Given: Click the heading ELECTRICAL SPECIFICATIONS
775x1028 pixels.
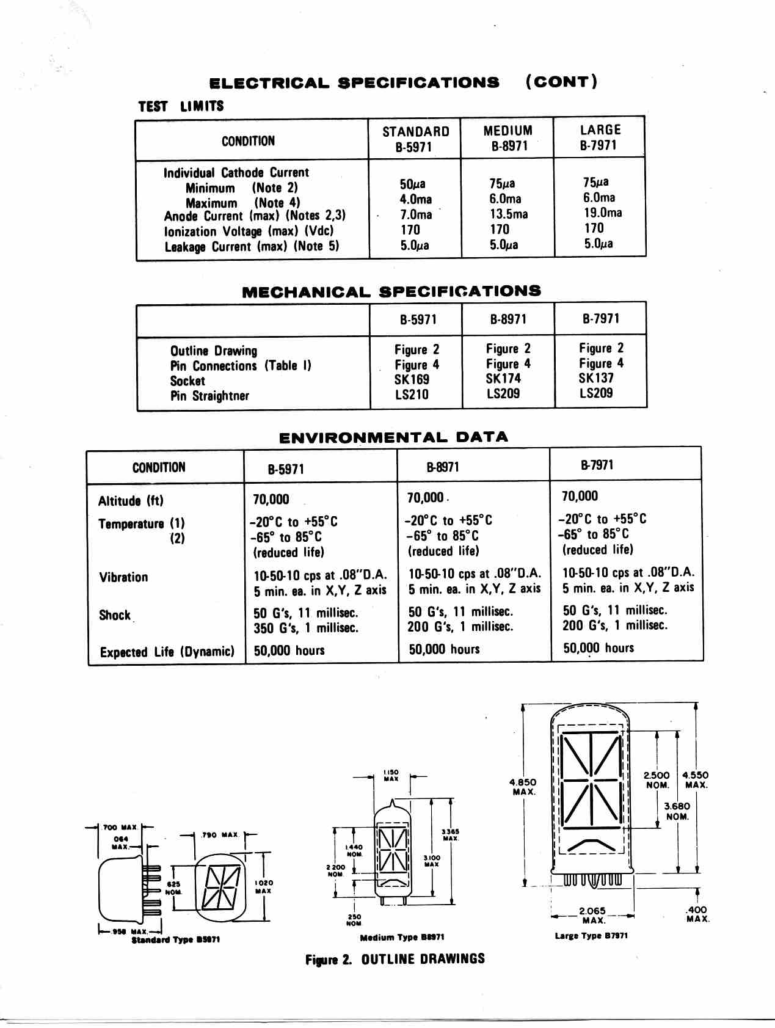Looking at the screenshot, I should (x=354, y=82).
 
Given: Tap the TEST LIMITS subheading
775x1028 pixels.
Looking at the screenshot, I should (x=181, y=106).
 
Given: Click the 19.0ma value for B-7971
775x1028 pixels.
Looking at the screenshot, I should (x=602, y=213).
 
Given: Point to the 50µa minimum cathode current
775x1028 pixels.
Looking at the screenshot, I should (x=412, y=184).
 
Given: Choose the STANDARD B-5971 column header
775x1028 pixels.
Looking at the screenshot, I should (x=415, y=139).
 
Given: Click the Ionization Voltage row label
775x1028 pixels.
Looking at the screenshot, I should (x=249, y=231).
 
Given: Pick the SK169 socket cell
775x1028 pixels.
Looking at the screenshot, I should (x=412, y=379).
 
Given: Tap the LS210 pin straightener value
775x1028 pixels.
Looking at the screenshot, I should (x=412, y=395).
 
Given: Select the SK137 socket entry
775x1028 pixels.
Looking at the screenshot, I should (x=596, y=378).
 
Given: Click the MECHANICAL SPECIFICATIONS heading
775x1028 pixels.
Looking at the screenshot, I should (x=391, y=291).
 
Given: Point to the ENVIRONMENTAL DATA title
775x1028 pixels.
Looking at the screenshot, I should (x=393, y=437).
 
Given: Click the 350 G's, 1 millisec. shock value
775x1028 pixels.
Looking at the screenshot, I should (x=306, y=628).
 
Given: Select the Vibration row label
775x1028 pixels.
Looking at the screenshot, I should (x=123, y=577).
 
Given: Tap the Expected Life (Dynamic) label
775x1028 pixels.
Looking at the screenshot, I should (x=167, y=652).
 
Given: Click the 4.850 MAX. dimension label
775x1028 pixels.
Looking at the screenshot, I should (x=523, y=787).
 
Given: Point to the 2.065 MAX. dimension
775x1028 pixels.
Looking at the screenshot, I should (x=592, y=915).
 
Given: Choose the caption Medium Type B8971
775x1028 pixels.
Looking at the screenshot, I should (x=402, y=937).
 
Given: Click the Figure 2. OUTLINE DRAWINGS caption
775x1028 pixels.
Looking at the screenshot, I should (x=395, y=959).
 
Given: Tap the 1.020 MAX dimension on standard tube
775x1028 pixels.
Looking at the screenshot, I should (x=264, y=887).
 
